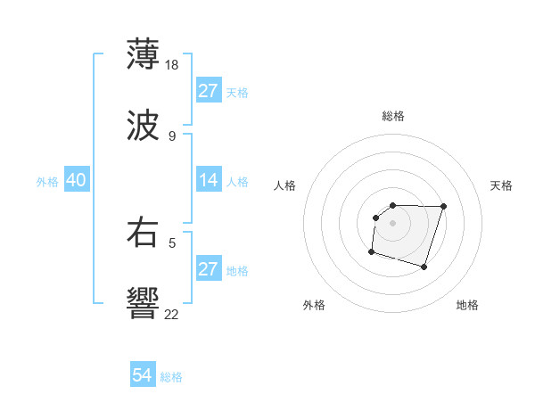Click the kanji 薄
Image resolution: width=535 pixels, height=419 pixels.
pos(144,54)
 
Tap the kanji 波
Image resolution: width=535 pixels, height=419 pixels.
pos(144,127)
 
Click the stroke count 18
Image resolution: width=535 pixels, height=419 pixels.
pos(173,64)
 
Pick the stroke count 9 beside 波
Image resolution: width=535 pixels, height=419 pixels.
pos(171,136)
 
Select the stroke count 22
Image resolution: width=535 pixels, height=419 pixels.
pos(173,315)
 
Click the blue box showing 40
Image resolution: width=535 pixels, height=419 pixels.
pos(76,180)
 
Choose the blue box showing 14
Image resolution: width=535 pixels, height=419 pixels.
pos(208,180)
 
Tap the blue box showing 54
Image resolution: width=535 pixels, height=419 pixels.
pos(142,375)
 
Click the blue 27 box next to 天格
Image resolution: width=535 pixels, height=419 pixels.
pos(208,91)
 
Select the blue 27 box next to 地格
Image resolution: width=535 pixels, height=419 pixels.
pos(208,269)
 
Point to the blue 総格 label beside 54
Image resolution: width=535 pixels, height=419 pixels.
pos(171,377)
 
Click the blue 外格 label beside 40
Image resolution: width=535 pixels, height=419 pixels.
pos(47,182)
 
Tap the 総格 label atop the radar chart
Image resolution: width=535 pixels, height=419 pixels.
pos(392,116)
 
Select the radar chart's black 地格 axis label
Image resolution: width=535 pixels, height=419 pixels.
pos(467,305)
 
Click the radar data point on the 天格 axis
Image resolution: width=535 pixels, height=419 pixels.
pos(444,206)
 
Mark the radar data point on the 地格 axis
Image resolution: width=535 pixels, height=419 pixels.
pos(424,267)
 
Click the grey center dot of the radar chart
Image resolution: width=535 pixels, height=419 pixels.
pos(392,222)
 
